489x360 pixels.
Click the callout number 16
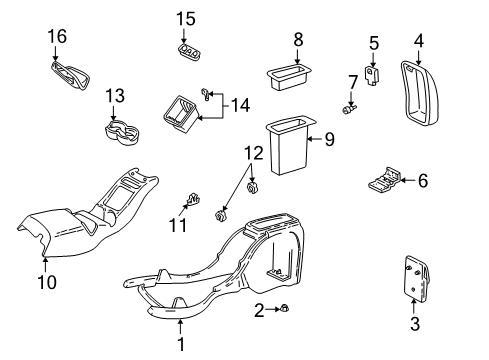pyautogui.click(x=57, y=37)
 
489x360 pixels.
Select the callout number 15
pyautogui.click(x=185, y=18)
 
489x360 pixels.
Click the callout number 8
pyautogui.click(x=297, y=39)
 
